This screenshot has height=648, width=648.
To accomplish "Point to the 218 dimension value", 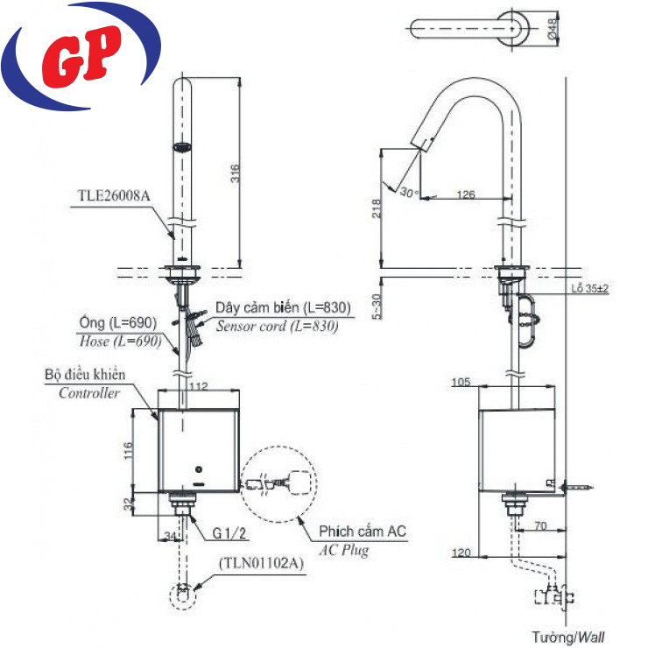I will pos(376,208).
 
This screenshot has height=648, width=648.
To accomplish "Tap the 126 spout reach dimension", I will pos(466,195).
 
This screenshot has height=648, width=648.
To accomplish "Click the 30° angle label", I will pos(409,191).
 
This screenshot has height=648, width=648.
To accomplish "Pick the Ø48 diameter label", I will pos(554,28).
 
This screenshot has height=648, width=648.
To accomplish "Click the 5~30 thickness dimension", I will pos(376,306).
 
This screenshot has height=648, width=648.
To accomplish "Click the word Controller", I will pos(89,393).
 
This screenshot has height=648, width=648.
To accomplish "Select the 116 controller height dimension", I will pos(126,451).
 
